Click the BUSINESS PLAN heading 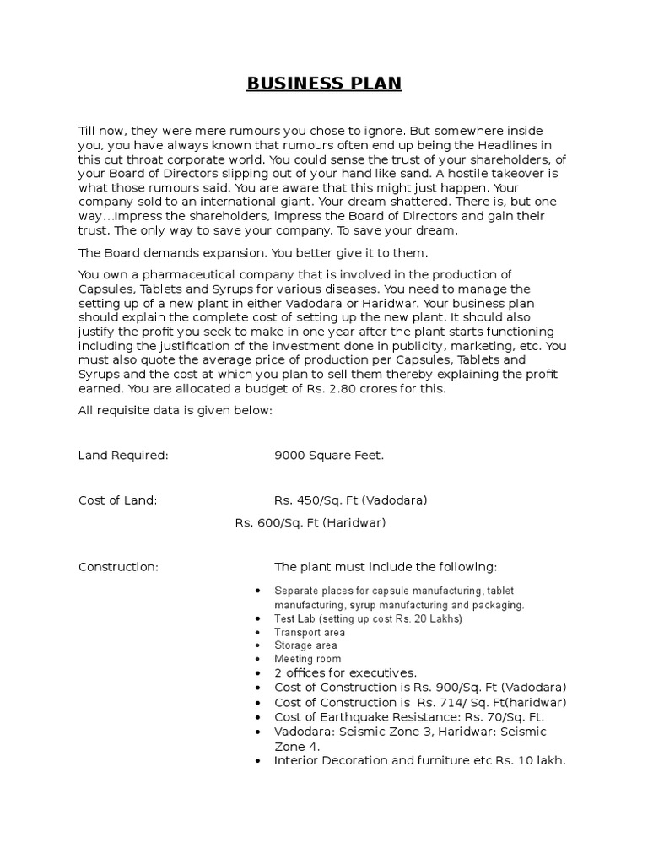[324, 84]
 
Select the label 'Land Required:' [123, 455]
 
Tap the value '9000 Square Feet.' [328, 455]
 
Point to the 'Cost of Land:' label [117, 499]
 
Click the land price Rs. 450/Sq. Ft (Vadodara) [350, 499]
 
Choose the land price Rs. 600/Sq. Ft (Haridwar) [310, 522]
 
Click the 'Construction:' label [118, 566]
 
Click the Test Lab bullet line [369, 618]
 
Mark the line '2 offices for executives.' [345, 672]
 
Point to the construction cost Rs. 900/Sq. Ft [481, 687]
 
